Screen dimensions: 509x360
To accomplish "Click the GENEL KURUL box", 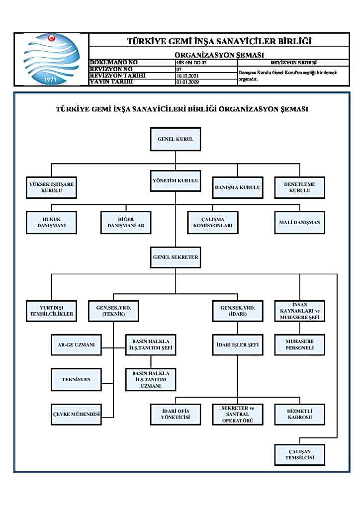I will [x=175, y=139].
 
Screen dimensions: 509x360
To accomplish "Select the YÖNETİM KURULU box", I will [x=175, y=180].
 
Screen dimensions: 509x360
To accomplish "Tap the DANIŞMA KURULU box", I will [x=237, y=188].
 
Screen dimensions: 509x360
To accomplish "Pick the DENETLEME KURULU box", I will [x=300, y=187].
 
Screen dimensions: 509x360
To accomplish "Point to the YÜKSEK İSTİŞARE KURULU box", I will [x=51, y=188].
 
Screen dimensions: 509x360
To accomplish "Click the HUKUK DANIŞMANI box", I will [x=51, y=222].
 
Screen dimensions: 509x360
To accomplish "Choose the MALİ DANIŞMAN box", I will [x=300, y=222].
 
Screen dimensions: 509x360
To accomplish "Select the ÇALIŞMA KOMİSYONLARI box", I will [x=213, y=222].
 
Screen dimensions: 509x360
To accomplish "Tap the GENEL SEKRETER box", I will [x=175, y=257].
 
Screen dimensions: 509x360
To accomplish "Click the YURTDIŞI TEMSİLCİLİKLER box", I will [x=51, y=311].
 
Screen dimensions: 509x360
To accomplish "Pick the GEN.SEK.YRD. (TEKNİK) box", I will [x=113, y=311].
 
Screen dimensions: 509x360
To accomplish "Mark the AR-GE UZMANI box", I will [x=76, y=344].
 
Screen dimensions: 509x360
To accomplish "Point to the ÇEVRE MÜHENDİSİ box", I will [x=76, y=414].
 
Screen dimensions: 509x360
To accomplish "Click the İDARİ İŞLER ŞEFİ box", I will [x=237, y=344].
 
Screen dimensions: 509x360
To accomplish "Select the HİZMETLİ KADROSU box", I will [x=300, y=414].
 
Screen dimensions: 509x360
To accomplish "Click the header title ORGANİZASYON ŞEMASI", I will [x=219, y=54].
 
